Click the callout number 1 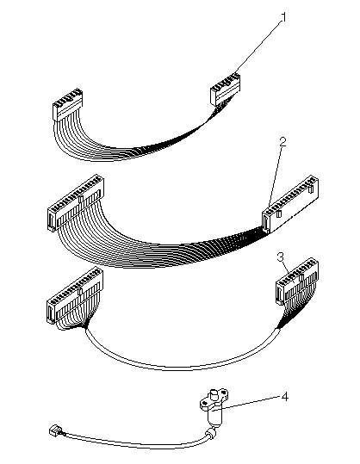283,18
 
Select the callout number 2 282,142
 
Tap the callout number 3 281,257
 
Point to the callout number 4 284,397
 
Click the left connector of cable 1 67,105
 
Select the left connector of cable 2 76,201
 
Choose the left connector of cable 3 75,294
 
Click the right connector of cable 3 296,281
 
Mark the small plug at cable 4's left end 54,430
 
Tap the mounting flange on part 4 214,399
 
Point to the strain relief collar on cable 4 211,433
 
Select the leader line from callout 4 249,404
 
